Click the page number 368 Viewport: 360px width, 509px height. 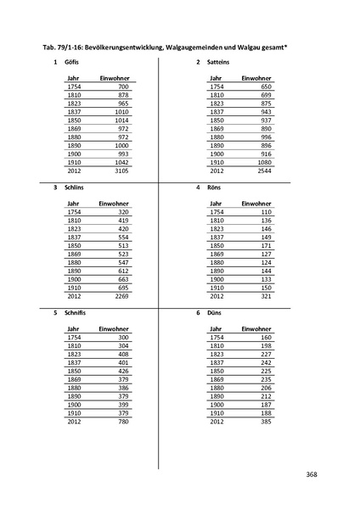(312, 474)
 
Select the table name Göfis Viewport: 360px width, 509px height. (71, 63)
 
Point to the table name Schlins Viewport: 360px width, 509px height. (75, 187)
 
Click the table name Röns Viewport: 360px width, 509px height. (214, 187)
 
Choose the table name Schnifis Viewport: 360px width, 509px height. (76, 312)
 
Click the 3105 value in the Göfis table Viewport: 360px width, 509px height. (121, 171)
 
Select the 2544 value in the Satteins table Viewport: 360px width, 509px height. (262, 171)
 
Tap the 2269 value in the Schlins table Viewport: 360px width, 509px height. (121, 296)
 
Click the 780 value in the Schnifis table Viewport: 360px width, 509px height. (123, 421)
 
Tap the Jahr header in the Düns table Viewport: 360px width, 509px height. (216, 328)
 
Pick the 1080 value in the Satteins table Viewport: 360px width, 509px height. (262, 162)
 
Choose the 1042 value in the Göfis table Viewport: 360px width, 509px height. (121, 162)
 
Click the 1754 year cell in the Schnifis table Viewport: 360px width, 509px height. (74, 338)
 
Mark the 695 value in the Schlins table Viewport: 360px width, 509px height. (123, 288)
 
